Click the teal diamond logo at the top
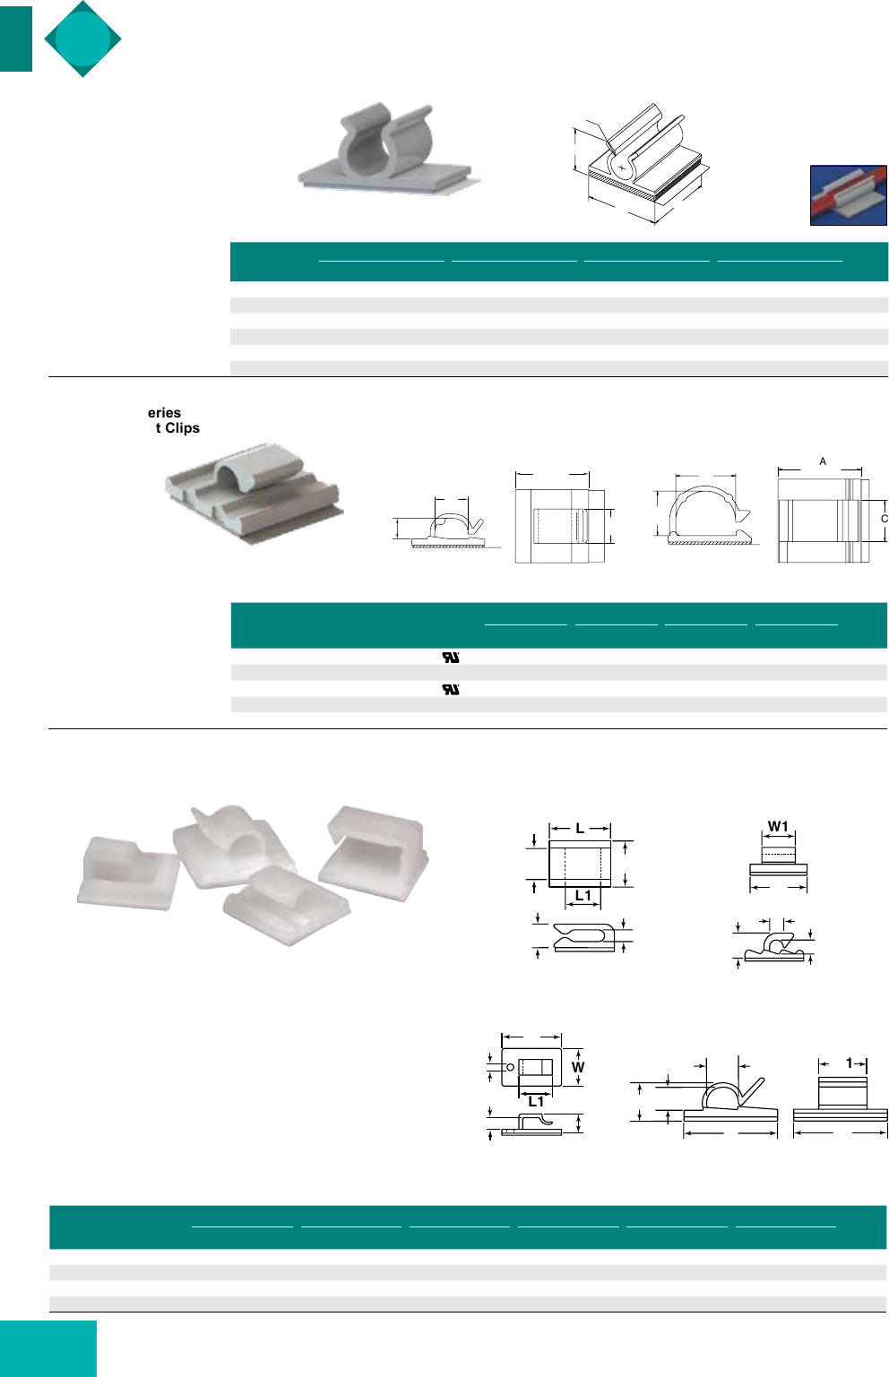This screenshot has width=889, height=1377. click(82, 39)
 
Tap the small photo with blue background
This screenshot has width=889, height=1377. click(848, 195)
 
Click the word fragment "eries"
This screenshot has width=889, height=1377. click(164, 413)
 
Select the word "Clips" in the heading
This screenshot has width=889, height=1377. click(182, 428)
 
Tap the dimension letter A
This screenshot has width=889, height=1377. click(823, 461)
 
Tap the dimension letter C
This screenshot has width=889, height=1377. click(884, 519)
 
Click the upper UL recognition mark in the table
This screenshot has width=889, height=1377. click(451, 657)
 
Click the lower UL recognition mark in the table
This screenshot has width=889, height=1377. click(451, 689)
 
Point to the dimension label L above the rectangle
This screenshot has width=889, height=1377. click(580, 829)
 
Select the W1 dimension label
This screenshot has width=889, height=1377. click(778, 827)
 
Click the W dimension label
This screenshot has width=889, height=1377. click(577, 1067)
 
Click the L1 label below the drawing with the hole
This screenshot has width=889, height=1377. click(536, 1101)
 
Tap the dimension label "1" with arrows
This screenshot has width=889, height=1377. click(849, 1063)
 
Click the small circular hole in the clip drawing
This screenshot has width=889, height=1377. click(511, 1067)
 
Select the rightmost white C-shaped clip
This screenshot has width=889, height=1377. click(375, 852)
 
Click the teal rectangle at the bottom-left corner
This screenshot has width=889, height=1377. click(48, 1348)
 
